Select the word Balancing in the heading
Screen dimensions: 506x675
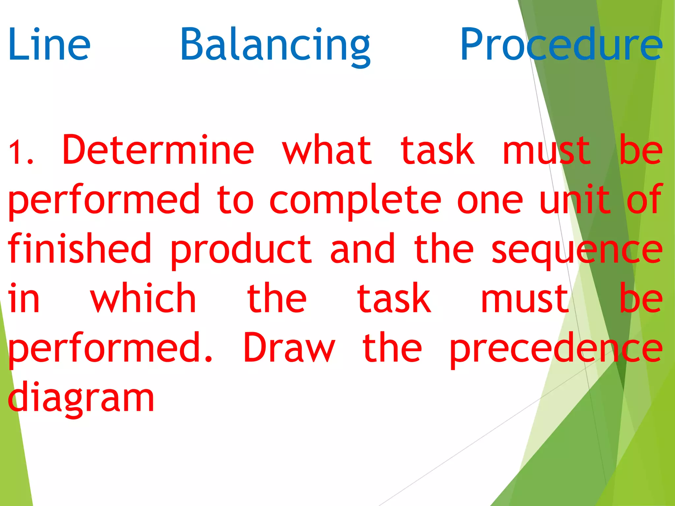275,46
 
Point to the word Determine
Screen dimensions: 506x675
158,150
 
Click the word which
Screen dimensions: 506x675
143,298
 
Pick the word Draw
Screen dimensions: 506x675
289,348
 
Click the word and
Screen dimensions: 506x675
363,249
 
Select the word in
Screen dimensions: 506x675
24,298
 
